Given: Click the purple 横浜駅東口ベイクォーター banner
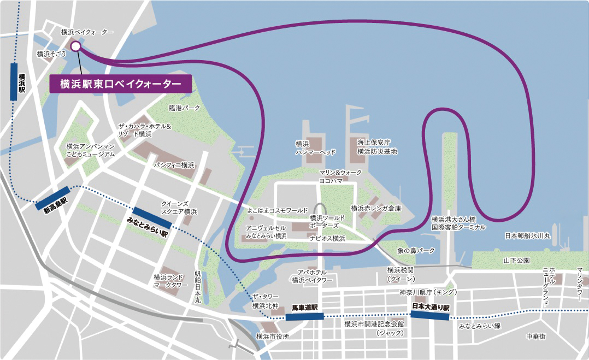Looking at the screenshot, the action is pyautogui.click(x=120, y=84).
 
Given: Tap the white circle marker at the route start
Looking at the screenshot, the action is pyautogui.click(x=75, y=47).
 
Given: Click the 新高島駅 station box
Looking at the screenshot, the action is pyautogui.click(x=53, y=198).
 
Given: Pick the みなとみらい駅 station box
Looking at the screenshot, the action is pyautogui.click(x=152, y=218).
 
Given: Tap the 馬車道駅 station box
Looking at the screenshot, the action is pyautogui.click(x=305, y=316).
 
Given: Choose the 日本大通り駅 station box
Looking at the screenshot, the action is pyautogui.click(x=431, y=315).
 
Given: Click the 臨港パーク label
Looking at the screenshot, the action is pyautogui.click(x=185, y=108).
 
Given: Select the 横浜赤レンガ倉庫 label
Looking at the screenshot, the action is pyautogui.click(x=375, y=208).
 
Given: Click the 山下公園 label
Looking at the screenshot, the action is pyautogui.click(x=516, y=261).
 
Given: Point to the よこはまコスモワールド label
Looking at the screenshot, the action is pyautogui.click(x=278, y=210).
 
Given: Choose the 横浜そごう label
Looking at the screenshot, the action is pyautogui.click(x=51, y=54).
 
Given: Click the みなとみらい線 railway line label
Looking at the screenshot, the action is pyautogui.click(x=479, y=326).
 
